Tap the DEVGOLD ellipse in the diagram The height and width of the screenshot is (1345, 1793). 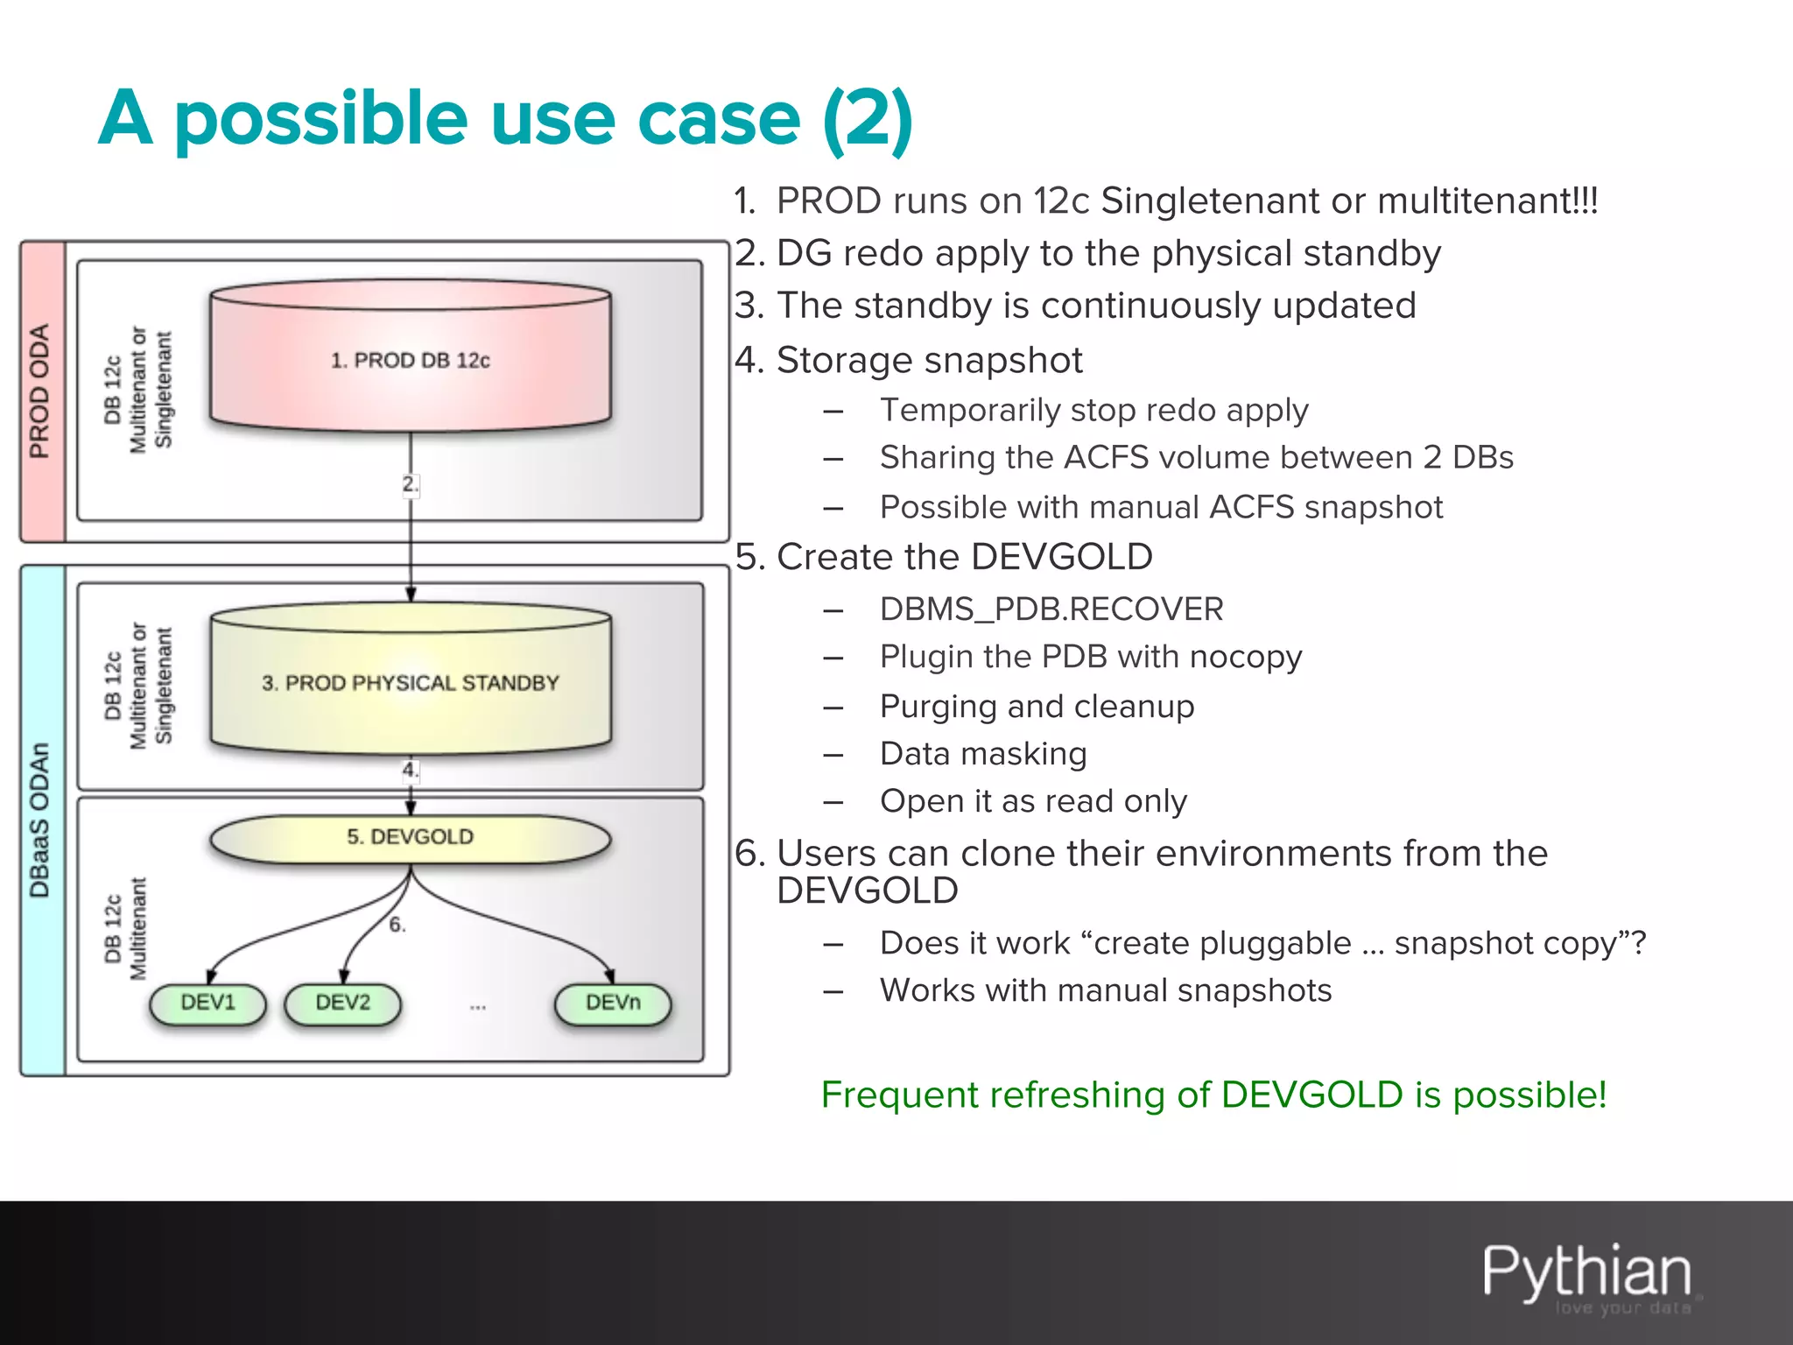tap(410, 837)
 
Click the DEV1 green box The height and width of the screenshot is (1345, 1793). tap(207, 1003)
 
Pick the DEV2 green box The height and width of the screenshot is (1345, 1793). tap(342, 1003)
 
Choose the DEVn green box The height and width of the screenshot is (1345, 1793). tap(613, 1003)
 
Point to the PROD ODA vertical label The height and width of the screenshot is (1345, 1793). tap(40, 391)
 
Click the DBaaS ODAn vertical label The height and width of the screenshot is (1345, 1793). tap(40, 820)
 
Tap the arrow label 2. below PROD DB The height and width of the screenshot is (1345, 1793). tap(410, 483)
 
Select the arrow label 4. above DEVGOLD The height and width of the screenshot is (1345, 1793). tap(410, 770)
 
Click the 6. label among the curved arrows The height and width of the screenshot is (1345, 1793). tap(397, 925)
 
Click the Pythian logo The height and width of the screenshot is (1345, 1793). tap(1586, 1274)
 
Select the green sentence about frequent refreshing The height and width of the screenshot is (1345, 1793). tap(1213, 1095)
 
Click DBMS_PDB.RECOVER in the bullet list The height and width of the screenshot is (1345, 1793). tap(1051, 609)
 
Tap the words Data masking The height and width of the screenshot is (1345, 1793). tap(983, 753)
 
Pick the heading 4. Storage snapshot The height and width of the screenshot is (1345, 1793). tap(909, 360)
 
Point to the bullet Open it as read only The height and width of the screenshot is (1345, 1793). tap(1033, 800)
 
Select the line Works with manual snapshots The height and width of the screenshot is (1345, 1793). tap(1105, 989)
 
